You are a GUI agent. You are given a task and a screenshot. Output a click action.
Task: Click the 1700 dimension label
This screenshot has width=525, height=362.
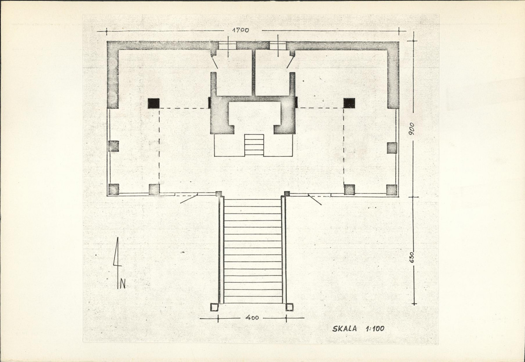click(x=241, y=30)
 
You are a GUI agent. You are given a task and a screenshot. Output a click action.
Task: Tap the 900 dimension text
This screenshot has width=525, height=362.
click(x=412, y=129)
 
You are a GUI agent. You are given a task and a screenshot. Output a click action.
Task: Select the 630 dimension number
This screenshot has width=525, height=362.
click(x=412, y=257)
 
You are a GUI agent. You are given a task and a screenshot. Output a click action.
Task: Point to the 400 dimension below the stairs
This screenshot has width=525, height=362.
click(x=252, y=317)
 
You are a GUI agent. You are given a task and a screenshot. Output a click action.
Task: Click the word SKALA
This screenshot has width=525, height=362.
click(x=345, y=329)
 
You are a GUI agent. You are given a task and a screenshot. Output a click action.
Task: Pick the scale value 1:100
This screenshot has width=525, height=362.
click(x=375, y=329)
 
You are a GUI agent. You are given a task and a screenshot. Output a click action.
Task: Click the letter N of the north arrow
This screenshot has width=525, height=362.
click(x=123, y=284)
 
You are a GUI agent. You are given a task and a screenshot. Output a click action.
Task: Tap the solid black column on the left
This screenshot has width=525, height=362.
click(x=154, y=103)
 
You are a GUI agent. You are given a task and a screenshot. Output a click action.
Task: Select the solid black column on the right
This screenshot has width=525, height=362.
click(x=349, y=103)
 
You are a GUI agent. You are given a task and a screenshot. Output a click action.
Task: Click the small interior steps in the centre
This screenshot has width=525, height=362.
click(x=254, y=145)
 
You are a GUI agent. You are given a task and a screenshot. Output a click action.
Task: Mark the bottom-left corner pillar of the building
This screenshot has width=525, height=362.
click(x=113, y=190)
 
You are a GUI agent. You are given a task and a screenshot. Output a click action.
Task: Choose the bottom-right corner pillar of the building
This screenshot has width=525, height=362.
click(x=392, y=190)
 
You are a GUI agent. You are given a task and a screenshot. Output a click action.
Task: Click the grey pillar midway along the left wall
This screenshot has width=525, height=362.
click(x=113, y=146)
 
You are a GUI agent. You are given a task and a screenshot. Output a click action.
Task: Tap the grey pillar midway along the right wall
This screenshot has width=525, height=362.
click(x=392, y=148)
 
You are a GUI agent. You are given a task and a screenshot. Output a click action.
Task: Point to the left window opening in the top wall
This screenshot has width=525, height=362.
click(x=227, y=46)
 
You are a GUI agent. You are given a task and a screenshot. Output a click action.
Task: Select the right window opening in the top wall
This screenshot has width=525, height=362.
click(x=278, y=46)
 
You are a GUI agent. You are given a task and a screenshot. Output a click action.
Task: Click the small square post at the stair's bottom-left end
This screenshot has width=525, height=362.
click(x=214, y=307)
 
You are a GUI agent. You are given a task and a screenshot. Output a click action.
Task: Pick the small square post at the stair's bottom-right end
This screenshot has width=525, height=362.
click(x=289, y=307)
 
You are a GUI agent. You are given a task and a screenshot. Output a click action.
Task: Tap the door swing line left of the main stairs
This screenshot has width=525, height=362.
click(x=189, y=198)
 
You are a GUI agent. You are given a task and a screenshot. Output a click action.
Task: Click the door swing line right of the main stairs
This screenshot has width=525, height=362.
click(x=315, y=200)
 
